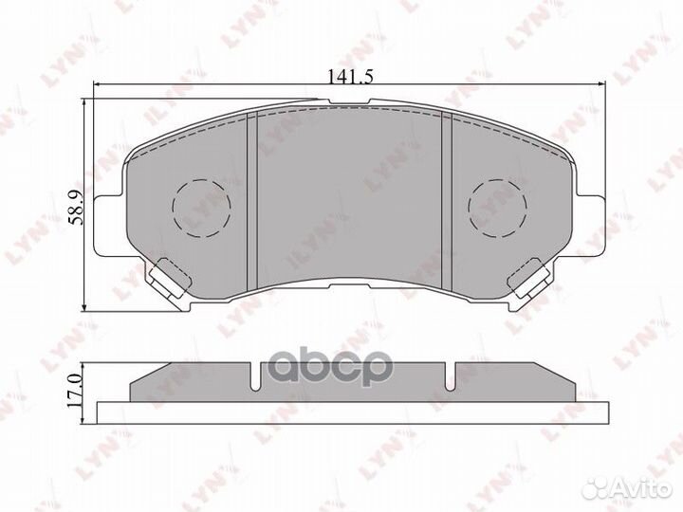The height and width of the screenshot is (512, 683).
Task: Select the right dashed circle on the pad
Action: [x=497, y=206]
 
